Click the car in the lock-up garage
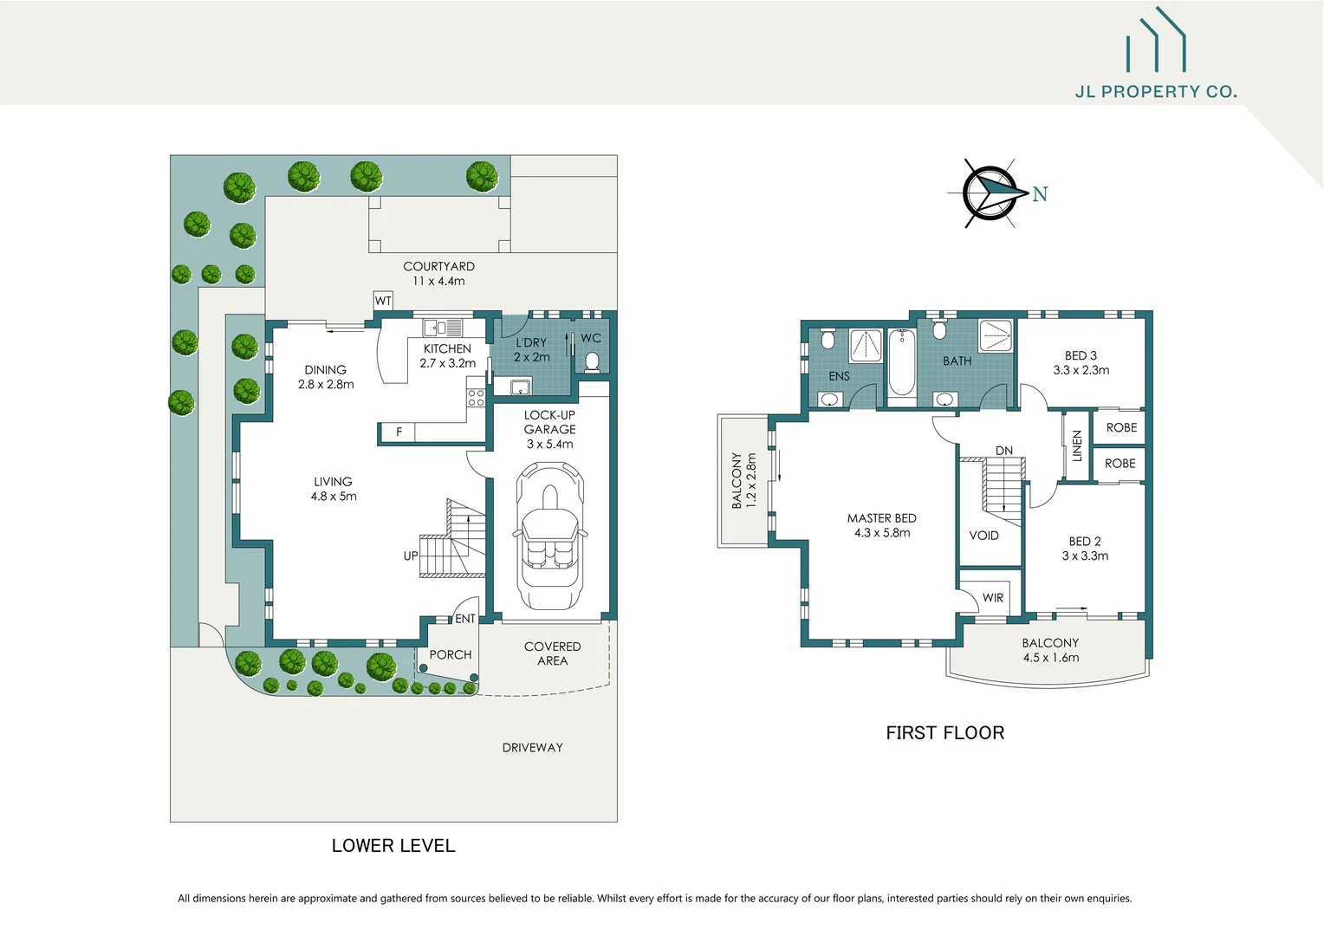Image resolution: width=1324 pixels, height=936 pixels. [x=549, y=536]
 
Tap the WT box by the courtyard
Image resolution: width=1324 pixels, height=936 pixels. [x=383, y=301]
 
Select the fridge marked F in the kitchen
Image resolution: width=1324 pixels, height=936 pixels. [x=399, y=432]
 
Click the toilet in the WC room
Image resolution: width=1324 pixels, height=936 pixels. [x=592, y=362]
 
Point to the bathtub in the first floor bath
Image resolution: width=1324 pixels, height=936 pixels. [x=901, y=362]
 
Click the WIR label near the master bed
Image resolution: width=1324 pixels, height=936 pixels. [x=993, y=597]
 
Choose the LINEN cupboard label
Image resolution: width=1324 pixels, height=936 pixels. [x=1076, y=445]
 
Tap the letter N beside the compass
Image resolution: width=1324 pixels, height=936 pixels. [x=1041, y=194]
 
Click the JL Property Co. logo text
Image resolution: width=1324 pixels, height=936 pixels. [x=1156, y=92]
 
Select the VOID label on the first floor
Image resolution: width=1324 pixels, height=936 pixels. [x=984, y=535]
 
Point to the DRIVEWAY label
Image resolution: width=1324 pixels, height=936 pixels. [x=533, y=747]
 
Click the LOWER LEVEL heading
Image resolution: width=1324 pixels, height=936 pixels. [x=393, y=846]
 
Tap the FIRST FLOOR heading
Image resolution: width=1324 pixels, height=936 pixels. [x=945, y=732]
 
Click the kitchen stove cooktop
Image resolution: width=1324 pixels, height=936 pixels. [x=476, y=397]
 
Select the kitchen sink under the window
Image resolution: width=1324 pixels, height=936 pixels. [x=443, y=328]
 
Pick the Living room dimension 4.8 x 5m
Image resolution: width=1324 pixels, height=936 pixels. [x=334, y=496]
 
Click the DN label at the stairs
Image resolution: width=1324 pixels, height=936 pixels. [x=1004, y=451]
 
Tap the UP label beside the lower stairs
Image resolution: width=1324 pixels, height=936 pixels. [x=411, y=556]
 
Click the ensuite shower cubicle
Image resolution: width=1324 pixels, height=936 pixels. [x=866, y=346]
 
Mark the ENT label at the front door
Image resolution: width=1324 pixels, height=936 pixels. [x=465, y=619]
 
